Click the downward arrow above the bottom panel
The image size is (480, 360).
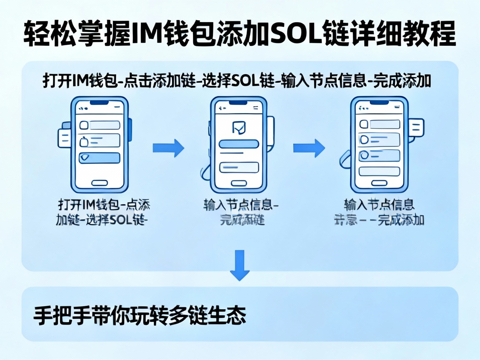pos(240,265)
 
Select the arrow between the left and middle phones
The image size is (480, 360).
pos(168,148)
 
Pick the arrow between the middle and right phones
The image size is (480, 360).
pos(309,148)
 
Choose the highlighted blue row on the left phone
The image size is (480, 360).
pos(100,157)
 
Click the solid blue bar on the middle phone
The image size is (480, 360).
pos(239,144)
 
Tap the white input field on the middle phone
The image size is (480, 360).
pos(239,167)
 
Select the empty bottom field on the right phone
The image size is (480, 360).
pos(379,171)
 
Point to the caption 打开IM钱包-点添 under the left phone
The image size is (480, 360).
pos(104,205)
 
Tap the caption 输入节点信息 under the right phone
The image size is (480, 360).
pos(379,205)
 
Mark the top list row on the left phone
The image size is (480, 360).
pos(100,125)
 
